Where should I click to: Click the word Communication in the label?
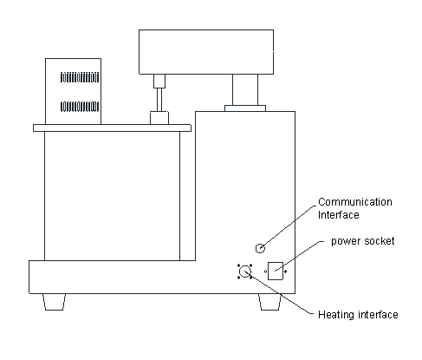pyautogui.click(x=355, y=202)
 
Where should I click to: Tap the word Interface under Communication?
pyautogui.click(x=339, y=215)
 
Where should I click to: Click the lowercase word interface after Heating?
pyautogui.click(x=378, y=314)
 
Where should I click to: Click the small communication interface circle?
pyautogui.click(x=260, y=248)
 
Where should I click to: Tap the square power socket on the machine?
pyautogui.click(x=276, y=271)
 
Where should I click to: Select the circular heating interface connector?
pyautogui.click(x=245, y=272)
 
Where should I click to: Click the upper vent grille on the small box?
pyautogui.click(x=80, y=77)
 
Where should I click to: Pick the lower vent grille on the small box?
pyautogui.click(x=80, y=107)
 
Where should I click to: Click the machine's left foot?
pyautogui.click(x=54, y=302)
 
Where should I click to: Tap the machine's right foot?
pyautogui.click(x=269, y=302)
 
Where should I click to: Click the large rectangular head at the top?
pyautogui.click(x=206, y=52)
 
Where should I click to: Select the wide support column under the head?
pyautogui.click(x=245, y=90)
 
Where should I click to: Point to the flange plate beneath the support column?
pyautogui.click(x=245, y=108)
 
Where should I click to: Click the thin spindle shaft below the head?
pyautogui.click(x=159, y=100)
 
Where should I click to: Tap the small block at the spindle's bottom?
pyautogui.click(x=159, y=118)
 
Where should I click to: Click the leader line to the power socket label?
pyautogui.click(x=299, y=256)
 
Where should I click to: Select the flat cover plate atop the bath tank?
pyautogui.click(x=112, y=128)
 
